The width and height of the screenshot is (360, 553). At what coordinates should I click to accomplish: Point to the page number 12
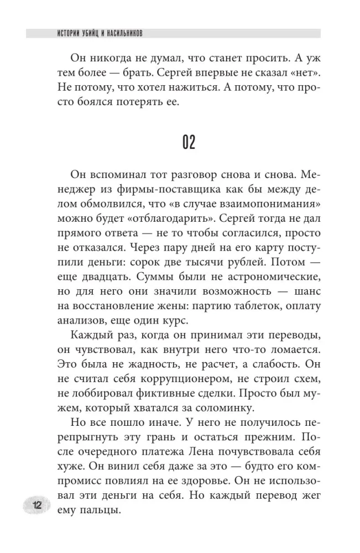[x=38, y=505]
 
